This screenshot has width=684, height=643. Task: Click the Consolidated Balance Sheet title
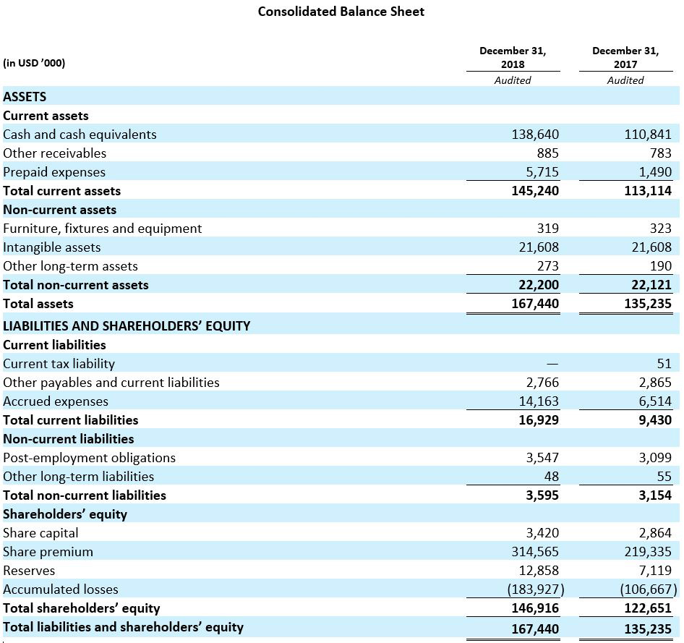click(x=341, y=12)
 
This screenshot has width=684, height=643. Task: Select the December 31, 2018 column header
click(x=513, y=57)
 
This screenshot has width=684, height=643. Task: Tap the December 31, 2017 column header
click(x=625, y=57)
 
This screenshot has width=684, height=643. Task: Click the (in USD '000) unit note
click(x=34, y=63)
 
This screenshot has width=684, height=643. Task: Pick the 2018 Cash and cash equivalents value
click(x=535, y=134)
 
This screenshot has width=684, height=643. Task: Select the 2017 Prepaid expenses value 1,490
click(x=655, y=172)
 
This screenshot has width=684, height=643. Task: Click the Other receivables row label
click(x=54, y=153)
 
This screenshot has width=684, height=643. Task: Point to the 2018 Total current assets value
click(x=535, y=191)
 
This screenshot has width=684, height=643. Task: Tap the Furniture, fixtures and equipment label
click(x=102, y=229)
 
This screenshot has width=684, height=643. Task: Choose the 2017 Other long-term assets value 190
click(x=660, y=266)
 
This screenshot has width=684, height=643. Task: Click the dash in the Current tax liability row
click(x=552, y=363)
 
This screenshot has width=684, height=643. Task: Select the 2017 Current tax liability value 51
click(x=664, y=363)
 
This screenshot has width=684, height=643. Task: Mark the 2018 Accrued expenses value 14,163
click(x=539, y=401)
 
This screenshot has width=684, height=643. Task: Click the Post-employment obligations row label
click(x=89, y=458)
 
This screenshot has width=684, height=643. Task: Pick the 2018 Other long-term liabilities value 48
click(x=552, y=477)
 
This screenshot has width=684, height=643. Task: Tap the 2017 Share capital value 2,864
click(x=655, y=532)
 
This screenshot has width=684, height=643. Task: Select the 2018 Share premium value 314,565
click(x=535, y=551)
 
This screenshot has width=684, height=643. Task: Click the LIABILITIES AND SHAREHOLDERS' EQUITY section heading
click(x=127, y=326)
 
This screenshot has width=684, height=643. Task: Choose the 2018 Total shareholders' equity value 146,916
click(x=535, y=608)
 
